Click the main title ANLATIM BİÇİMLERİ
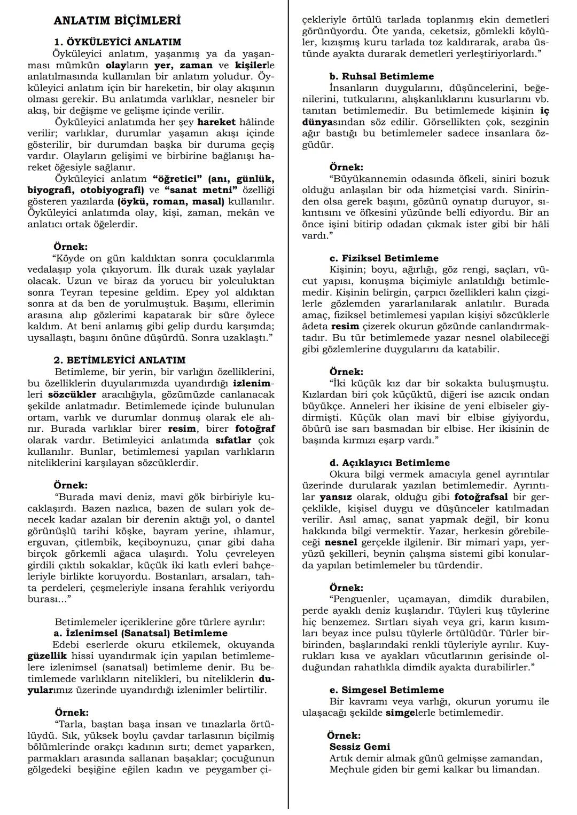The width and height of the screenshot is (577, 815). pos(117,21)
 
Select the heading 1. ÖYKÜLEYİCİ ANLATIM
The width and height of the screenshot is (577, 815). pos(118,42)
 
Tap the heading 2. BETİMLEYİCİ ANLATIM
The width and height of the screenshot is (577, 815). pos(120,360)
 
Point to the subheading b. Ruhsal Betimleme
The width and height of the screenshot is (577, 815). pos(381,76)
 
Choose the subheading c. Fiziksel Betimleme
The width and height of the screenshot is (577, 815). pos(384,258)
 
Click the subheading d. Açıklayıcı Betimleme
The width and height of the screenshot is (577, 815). pos(389,463)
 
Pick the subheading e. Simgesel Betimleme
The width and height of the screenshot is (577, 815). pos(387,690)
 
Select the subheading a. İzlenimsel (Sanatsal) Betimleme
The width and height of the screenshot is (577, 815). pos(141,633)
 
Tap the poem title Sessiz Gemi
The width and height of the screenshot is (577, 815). pos(360,747)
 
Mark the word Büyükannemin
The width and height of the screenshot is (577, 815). pos(364,179)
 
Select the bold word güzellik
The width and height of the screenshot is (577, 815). pos(47,656)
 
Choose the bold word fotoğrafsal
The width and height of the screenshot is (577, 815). pos(481,497)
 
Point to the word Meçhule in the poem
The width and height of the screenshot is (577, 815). pos(349,770)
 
